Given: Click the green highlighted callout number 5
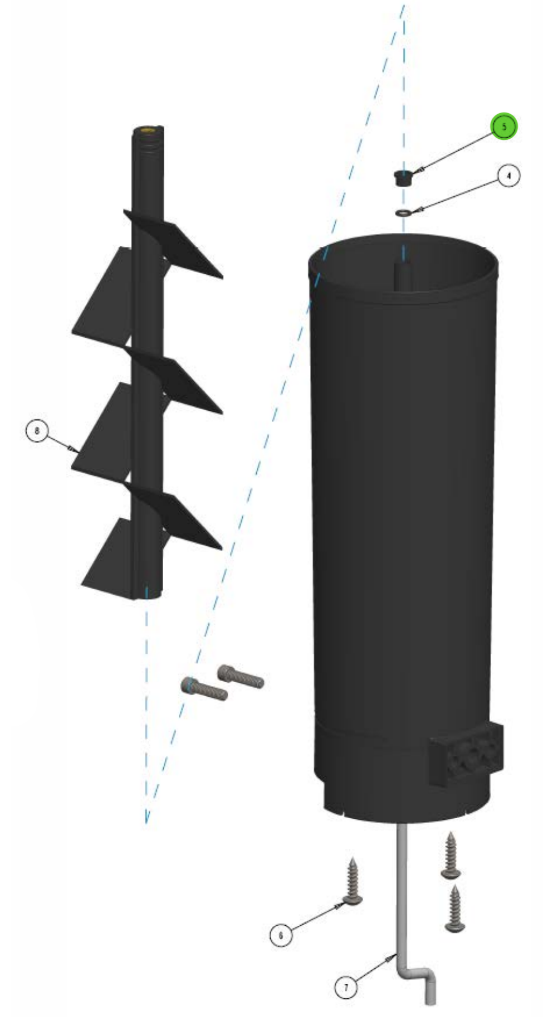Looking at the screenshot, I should [504, 127].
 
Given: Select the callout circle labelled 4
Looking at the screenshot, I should [508, 176].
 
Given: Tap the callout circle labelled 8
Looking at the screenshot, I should [37, 431].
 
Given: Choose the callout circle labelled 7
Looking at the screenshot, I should [346, 987].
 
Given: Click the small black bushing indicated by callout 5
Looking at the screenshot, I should [405, 178].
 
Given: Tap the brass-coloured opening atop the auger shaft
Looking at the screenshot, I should [148, 130].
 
